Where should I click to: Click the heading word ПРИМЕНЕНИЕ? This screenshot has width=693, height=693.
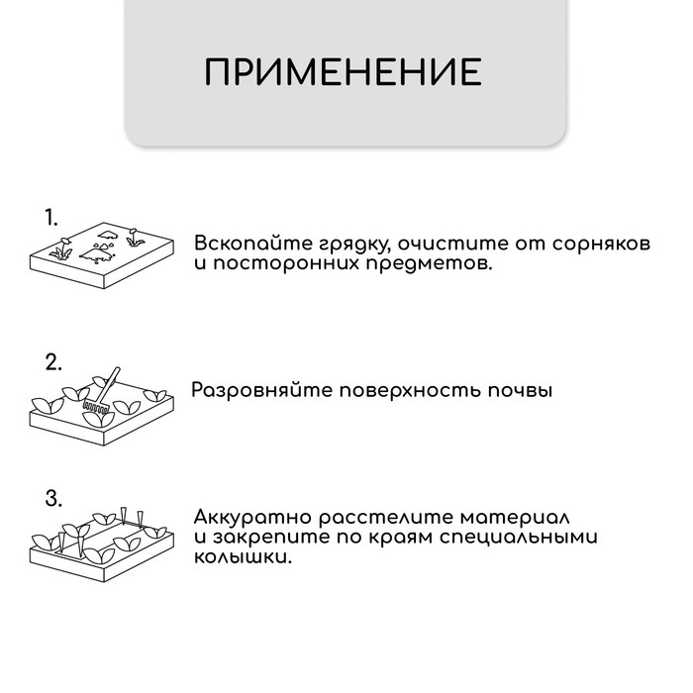344,72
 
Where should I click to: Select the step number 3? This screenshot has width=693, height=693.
53,497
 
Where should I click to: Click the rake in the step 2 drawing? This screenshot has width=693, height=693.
102,392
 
